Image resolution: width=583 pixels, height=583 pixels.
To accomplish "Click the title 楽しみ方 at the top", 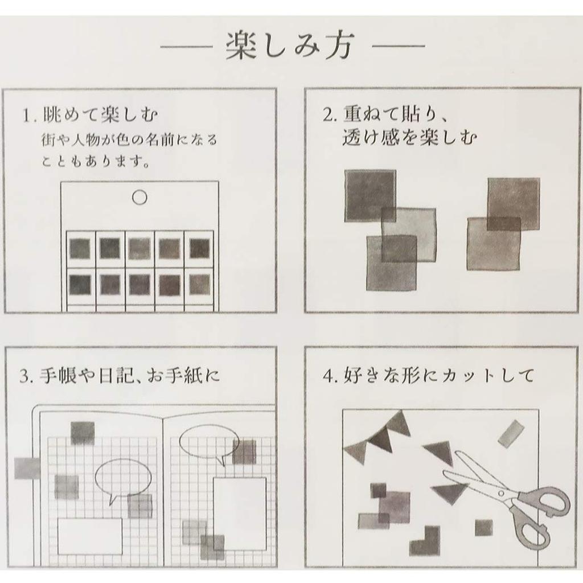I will click(291, 47).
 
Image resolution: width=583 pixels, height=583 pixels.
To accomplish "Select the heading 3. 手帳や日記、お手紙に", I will click(119, 376).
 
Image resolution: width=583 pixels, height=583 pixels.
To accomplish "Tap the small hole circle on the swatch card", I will click(139, 198).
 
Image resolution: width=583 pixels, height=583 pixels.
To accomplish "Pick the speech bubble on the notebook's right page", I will click(208, 441).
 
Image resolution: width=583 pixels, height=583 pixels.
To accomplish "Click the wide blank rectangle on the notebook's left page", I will click(90, 536).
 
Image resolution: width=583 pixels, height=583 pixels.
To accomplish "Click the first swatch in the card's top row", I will click(80, 248).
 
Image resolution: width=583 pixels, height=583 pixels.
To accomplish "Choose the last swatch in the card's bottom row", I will click(199, 284).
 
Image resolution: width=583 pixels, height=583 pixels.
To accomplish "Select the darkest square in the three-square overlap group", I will click(370, 195).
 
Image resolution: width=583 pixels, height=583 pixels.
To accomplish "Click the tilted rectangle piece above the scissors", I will click(510, 433).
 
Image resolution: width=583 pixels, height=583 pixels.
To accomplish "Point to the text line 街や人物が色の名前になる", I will click(130, 139).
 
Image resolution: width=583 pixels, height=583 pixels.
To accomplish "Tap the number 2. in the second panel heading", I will click(330, 116).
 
